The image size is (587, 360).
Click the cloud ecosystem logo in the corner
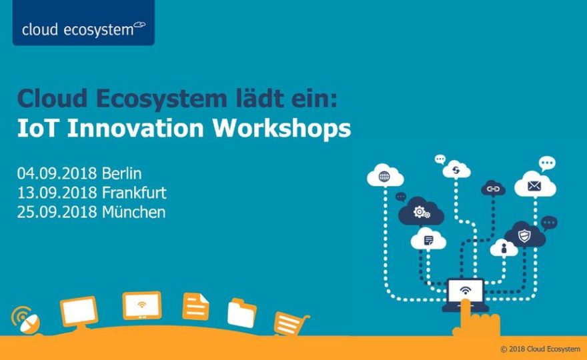pyautogui.click(x=83, y=23)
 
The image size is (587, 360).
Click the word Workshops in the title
pyautogui.click(x=282, y=129)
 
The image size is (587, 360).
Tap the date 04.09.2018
pyautogui.click(x=57, y=173)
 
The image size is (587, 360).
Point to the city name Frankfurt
pyautogui.click(x=134, y=193)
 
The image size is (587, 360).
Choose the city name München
pyautogui.click(x=133, y=212)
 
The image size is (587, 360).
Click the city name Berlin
pyautogui.click(x=121, y=173)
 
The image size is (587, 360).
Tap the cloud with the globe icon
pyautogui.click(x=386, y=176)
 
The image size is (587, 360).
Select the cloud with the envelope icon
pyautogui.click(x=535, y=184)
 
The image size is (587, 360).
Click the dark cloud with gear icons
pyautogui.click(x=421, y=212)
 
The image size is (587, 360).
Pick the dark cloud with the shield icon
pyautogui.click(x=524, y=235)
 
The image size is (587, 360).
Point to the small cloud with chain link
pyautogui.click(x=493, y=189)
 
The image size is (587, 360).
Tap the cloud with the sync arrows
pyautogui.click(x=456, y=169)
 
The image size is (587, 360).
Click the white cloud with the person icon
pyautogui.click(x=504, y=248)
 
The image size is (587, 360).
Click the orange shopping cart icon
pyautogui.click(x=291, y=323)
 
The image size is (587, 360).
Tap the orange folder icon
pyautogui.click(x=242, y=313)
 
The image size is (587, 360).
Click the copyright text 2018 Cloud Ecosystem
pyautogui.click(x=540, y=349)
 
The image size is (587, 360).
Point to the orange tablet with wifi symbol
pyautogui.click(x=142, y=305)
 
